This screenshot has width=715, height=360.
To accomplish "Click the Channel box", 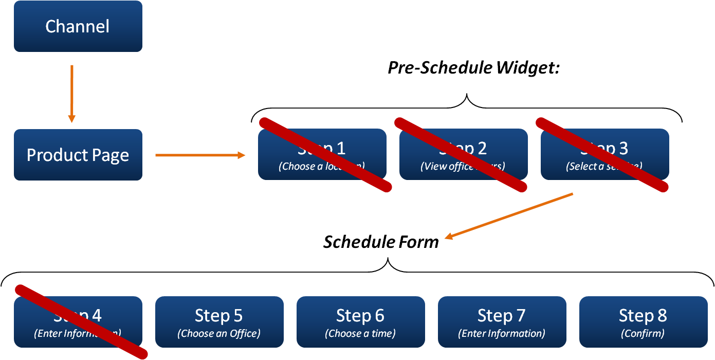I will tap(78, 26).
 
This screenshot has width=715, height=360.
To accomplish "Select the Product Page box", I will tap(78, 155).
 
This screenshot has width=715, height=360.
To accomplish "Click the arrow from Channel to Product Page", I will tap(72, 93).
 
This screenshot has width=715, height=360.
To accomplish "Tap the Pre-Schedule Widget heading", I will tap(473, 68).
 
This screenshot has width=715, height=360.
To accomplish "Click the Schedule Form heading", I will tap(381, 242).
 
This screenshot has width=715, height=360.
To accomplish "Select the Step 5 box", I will tap(219, 322).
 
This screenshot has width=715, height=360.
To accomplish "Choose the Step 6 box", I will tap(360, 322).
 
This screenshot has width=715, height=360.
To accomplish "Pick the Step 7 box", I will tap(502, 322).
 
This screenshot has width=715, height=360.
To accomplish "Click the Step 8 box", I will tap(643, 322).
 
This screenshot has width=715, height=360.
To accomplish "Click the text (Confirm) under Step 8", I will tap(643, 333).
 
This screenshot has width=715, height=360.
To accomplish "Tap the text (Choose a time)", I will tap(360, 333).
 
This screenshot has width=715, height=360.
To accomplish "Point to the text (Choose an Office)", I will tap(219, 333).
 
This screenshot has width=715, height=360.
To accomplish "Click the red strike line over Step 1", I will tap(325, 155).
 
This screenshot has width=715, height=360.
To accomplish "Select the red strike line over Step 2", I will tap(461, 155).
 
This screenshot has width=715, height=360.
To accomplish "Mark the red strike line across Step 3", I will tap(602, 155).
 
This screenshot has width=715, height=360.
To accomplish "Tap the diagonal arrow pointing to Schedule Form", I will tap(509, 215).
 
